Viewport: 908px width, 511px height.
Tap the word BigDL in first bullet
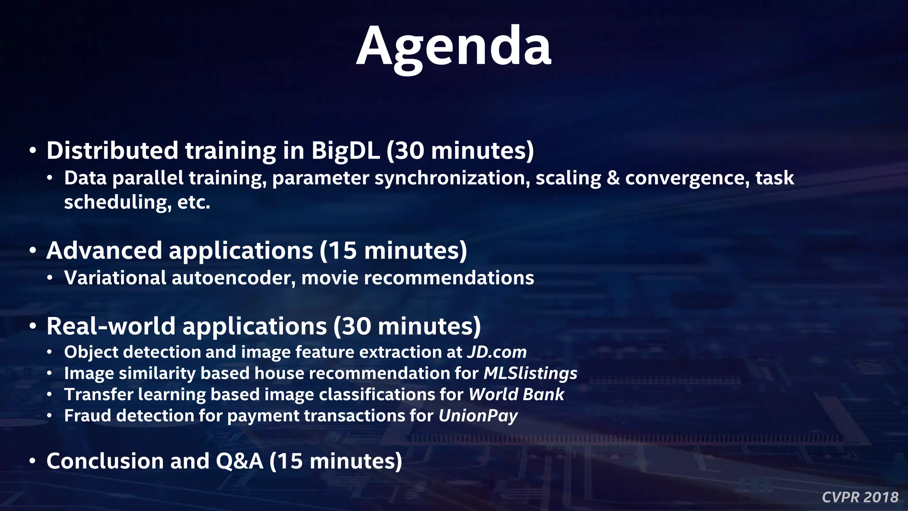pos(345,151)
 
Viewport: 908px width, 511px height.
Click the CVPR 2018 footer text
pos(860,497)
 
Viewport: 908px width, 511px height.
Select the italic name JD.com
pos(497,352)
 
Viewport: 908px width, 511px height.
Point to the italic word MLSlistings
pos(530,373)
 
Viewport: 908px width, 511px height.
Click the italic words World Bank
pos(516,395)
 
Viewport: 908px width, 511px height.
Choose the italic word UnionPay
pos(478,416)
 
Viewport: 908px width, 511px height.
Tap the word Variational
pos(115,278)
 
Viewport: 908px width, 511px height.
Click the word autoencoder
pos(233,278)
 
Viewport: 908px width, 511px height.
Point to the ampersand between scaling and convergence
pos(613,178)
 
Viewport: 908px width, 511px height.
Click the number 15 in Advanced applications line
pos(342,251)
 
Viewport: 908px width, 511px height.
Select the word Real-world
pos(111,326)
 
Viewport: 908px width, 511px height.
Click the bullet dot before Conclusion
pos(32,462)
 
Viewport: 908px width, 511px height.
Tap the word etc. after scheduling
pos(193,203)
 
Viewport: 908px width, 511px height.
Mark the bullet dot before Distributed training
pos(32,151)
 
